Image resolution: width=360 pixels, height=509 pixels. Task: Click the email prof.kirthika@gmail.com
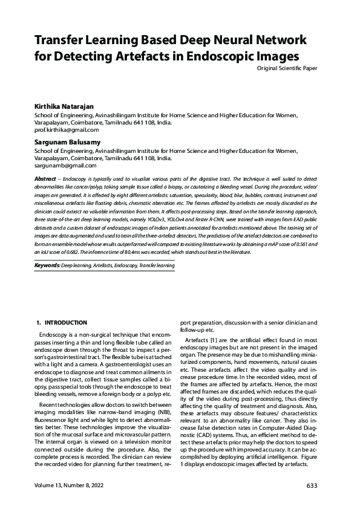[66, 130]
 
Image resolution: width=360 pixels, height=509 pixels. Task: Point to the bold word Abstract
[45, 180]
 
